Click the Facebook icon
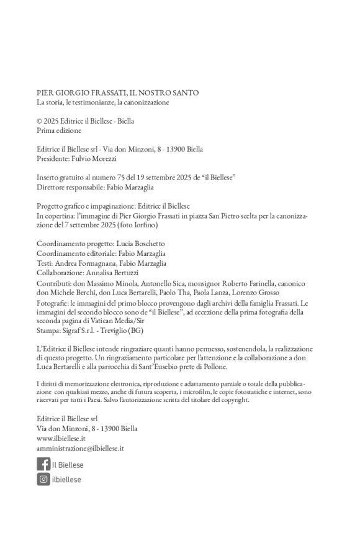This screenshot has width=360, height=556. point(43,464)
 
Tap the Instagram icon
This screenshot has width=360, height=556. point(43,478)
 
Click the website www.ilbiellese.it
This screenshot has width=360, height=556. point(61,438)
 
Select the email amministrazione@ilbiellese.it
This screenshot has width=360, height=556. point(81,447)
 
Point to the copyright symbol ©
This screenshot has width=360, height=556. point(39,122)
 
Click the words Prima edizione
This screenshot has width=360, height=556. point(59,131)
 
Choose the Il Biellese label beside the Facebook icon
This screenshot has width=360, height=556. point(68,465)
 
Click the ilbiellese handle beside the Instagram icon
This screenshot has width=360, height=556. point(67,479)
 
